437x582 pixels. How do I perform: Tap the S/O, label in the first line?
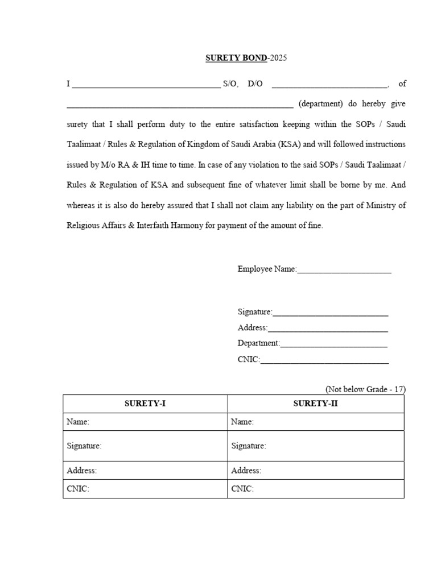tap(230, 84)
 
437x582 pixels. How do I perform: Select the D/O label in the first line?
tap(255, 84)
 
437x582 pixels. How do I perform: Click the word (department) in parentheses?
tap(320, 104)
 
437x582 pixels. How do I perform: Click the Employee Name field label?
tap(267, 269)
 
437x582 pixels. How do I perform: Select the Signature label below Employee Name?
tap(255, 312)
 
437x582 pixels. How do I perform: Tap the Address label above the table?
tap(253, 328)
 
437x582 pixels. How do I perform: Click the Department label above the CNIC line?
tap(259, 343)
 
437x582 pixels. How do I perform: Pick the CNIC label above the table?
tap(249, 359)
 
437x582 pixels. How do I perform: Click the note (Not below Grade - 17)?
tap(365, 389)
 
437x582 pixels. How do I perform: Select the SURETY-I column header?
tap(145, 404)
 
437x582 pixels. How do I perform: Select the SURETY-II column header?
tap(315, 404)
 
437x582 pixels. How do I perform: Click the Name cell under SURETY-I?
tap(145, 422)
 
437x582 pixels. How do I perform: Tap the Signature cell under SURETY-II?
tap(316, 446)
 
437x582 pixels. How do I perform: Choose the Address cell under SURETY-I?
tap(145, 471)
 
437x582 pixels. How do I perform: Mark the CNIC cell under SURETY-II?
tap(316, 489)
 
